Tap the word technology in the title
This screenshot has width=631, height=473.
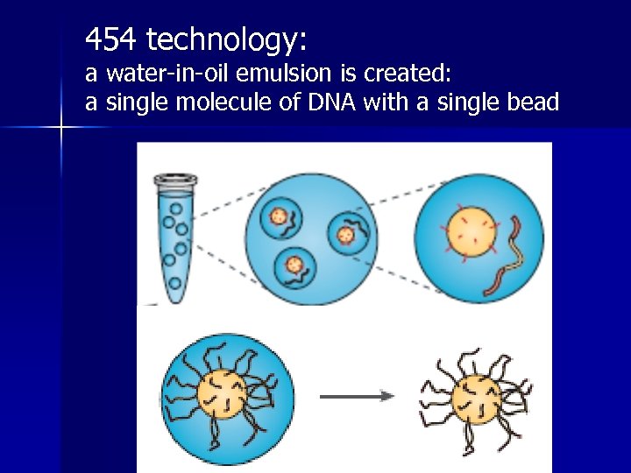coord(226,40)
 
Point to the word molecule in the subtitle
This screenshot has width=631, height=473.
coord(223,102)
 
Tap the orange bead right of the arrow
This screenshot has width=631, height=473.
coord(474,396)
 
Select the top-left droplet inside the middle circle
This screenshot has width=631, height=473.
coord(281,215)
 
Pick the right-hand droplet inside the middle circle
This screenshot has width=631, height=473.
coord(346,233)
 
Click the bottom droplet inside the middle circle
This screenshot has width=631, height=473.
coord(294,265)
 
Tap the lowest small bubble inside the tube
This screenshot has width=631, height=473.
coord(175,283)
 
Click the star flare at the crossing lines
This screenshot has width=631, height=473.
coord(61,128)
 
